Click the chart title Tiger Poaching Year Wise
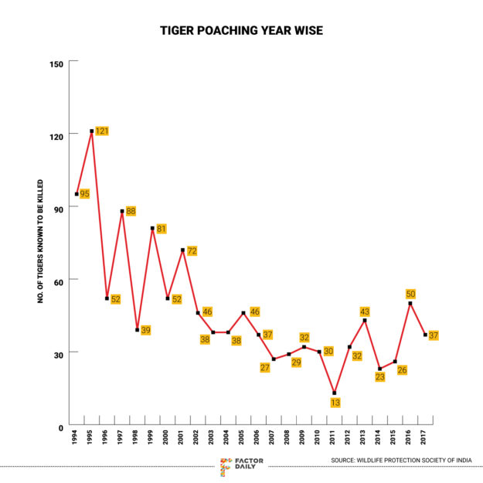pyautogui.click(x=241, y=31)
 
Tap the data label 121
pyautogui.click(x=101, y=131)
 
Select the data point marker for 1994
pyautogui.click(x=77, y=194)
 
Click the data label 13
pyautogui.click(x=335, y=403)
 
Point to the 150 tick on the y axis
pyautogui.click(x=57, y=61)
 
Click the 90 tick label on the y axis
pyautogui.click(x=57, y=207)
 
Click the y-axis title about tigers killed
pyautogui.click(x=40, y=243)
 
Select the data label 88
pyautogui.click(x=131, y=211)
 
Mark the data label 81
pyautogui.click(x=162, y=229)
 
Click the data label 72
pyautogui.click(x=192, y=250)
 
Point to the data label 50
pyautogui.click(x=410, y=294)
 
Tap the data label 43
pyautogui.click(x=365, y=312)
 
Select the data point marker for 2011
pyautogui.click(x=335, y=393)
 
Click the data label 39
pyautogui.click(x=145, y=331)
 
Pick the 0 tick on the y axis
pyautogui.click(x=60, y=426)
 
